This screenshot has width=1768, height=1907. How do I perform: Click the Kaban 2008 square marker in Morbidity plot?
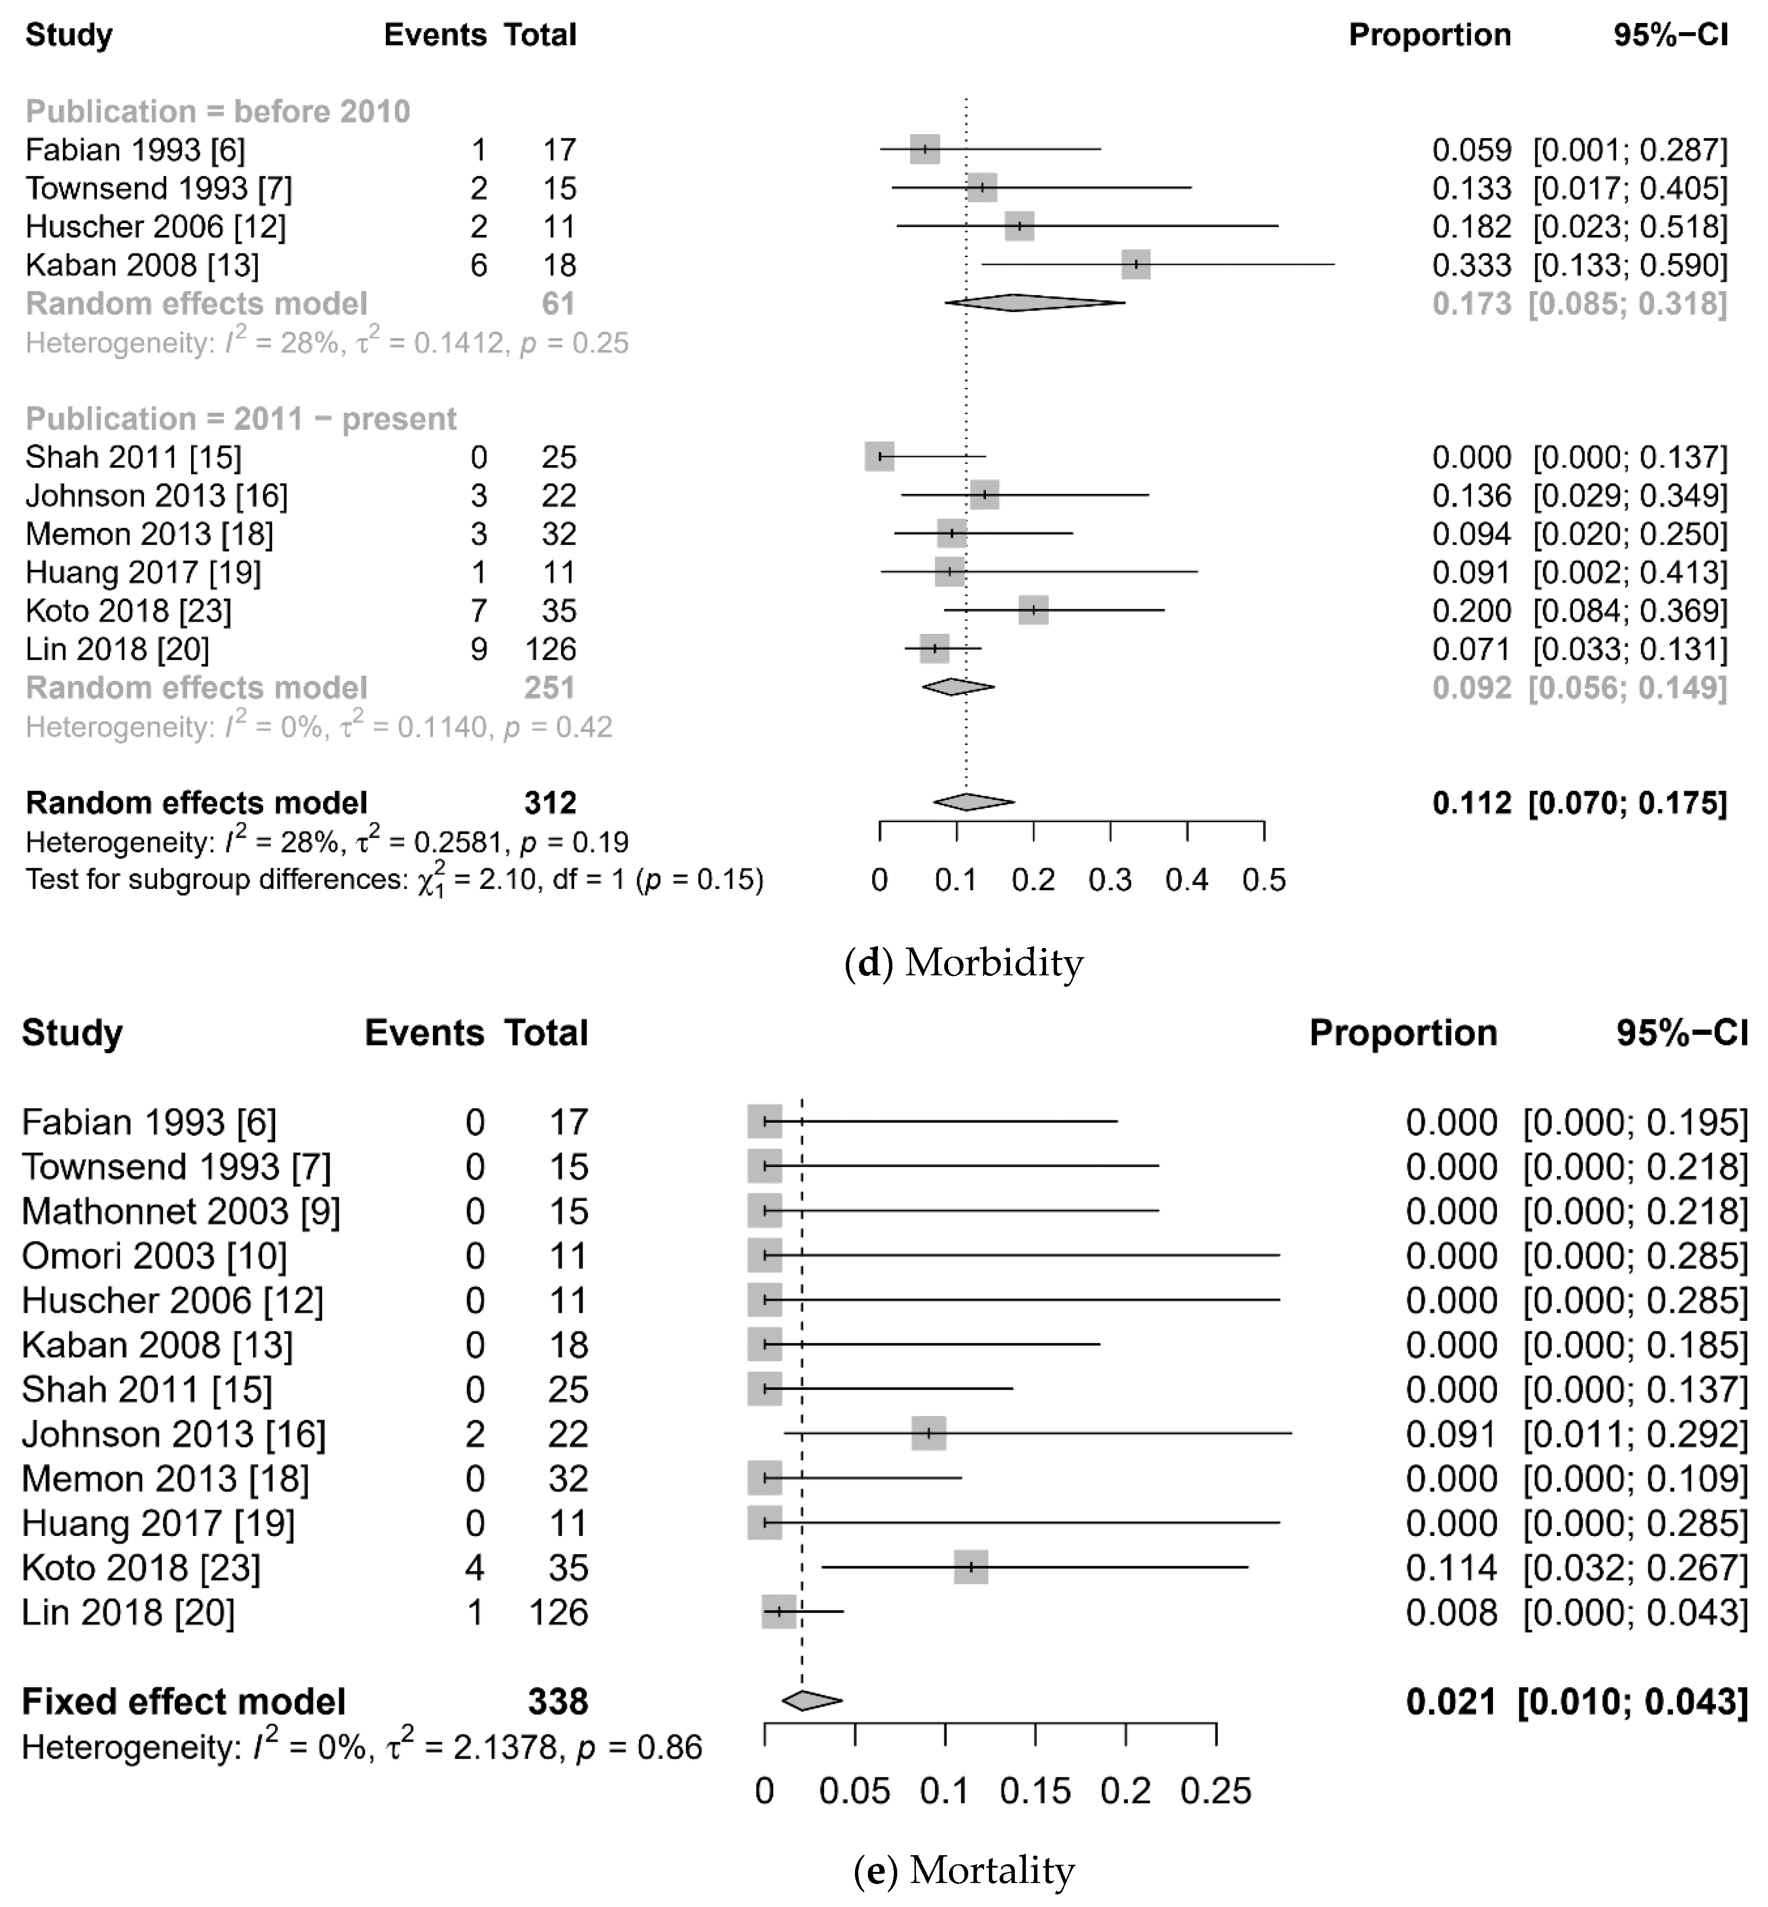[1136, 265]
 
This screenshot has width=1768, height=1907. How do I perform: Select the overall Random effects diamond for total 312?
[973, 803]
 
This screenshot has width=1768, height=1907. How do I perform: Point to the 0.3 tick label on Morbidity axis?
[1110, 880]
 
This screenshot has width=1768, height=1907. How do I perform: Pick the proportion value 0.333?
[1471, 265]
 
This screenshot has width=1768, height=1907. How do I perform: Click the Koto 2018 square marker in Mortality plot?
[971, 1568]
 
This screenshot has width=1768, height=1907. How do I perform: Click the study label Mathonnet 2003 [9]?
[181, 1211]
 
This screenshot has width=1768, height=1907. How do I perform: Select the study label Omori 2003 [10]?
[154, 1256]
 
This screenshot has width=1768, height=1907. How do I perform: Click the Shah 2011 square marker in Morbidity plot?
[879, 457]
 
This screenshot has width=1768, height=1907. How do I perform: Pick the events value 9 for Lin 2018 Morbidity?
[478, 649]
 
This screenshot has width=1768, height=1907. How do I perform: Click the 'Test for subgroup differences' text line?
[394, 880]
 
